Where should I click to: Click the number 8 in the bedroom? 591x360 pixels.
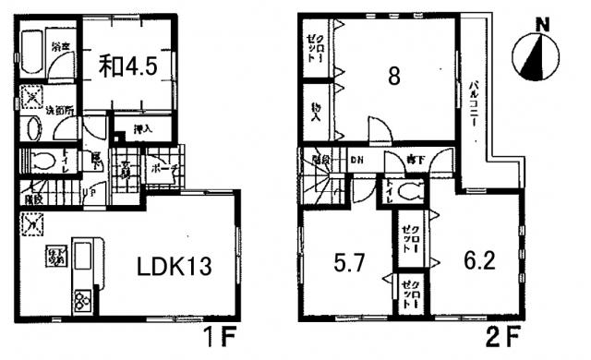[x=393, y=78]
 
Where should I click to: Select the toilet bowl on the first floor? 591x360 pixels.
[x=42, y=163]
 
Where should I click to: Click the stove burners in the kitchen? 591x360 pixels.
[x=80, y=299]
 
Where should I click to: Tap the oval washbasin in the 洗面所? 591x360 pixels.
[x=34, y=128]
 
